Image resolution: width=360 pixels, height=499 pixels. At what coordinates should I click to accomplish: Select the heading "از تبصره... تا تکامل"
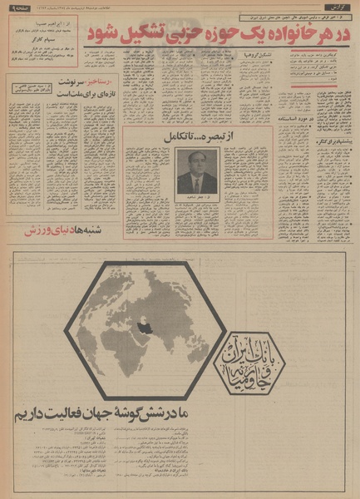(x=197, y=136)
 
